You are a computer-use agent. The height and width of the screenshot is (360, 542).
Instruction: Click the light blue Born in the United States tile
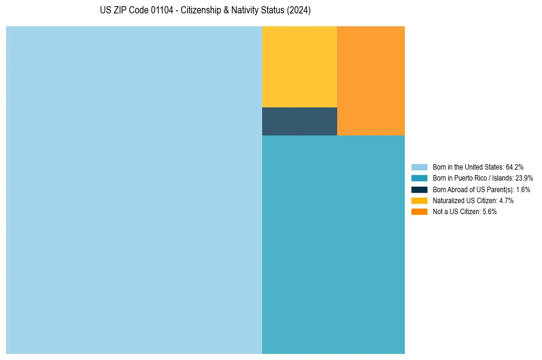coord(134,190)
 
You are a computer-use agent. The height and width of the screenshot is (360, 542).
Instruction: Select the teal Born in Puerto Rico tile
coord(333,244)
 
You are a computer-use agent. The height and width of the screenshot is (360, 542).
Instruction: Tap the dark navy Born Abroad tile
coord(299,121)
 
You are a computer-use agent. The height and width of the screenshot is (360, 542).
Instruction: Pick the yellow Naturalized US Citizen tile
coord(299,67)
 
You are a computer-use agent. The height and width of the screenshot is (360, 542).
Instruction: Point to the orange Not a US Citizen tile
coord(371,81)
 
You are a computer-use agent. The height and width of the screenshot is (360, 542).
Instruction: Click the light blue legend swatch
coord(419,167)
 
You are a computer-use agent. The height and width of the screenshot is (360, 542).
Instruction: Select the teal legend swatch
coord(419,178)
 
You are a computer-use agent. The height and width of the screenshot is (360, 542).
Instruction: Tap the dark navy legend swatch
coord(419,190)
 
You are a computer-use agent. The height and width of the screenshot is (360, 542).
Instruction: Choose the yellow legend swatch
coord(419,201)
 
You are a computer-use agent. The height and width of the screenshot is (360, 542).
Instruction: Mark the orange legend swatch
coord(419,212)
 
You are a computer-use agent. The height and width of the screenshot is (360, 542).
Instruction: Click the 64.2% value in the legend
coord(515,167)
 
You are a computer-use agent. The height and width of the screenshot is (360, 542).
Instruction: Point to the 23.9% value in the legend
coord(524,178)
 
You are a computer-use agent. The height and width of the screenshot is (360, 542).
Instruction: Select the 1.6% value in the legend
coord(522,190)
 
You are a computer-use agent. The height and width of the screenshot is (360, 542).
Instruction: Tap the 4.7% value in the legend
coord(505,201)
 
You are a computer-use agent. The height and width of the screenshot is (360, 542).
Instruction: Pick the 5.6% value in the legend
coord(489,212)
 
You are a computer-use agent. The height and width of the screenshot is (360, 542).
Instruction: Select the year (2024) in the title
coord(299,11)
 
